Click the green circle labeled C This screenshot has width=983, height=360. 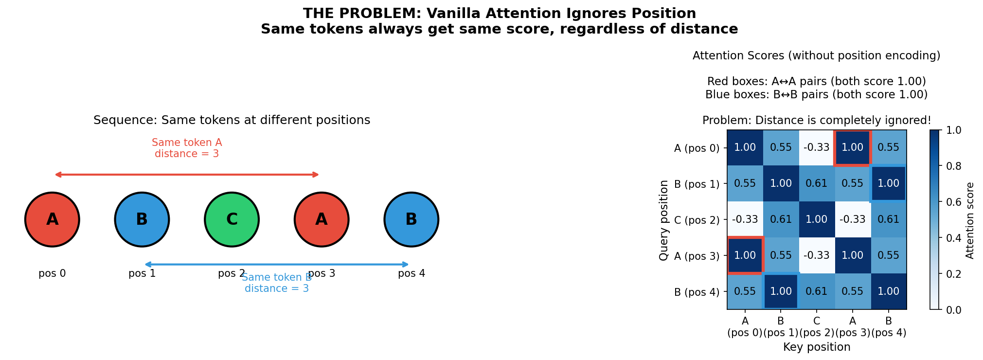232,219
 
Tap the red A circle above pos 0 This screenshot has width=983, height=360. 52,219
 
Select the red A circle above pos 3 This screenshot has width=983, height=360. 322,219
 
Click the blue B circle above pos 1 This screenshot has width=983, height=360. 142,219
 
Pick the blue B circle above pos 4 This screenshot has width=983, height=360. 411,219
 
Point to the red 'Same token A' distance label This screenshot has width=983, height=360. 187,148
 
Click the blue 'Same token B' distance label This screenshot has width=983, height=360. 276,283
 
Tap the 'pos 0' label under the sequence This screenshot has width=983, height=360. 52,273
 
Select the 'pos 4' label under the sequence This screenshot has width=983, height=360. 411,273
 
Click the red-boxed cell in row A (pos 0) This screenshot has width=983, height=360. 853,147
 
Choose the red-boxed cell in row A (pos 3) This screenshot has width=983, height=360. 745,255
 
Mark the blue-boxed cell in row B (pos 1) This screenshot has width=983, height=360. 889,183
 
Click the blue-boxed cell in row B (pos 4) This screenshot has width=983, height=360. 781,291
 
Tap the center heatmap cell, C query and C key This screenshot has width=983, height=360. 817,219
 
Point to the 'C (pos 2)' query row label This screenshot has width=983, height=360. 697,220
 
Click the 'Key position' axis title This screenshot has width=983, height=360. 817,347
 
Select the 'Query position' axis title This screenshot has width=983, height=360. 664,220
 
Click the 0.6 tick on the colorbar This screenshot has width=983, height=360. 953,202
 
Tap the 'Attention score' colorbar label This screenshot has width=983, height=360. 970,220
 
